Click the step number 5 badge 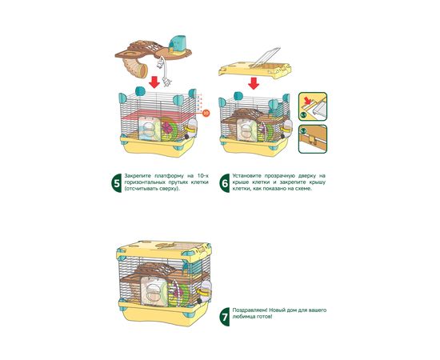point(117,182)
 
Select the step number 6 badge point(225,182)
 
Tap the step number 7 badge point(225,317)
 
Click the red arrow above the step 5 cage point(154,82)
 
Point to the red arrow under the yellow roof point(254,83)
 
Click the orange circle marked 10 point(206,113)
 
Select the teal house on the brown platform point(178,45)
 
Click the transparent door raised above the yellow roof point(265,58)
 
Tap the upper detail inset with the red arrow point(313,106)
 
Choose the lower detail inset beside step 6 point(313,139)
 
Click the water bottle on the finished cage point(205,292)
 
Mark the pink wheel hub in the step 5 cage point(168,128)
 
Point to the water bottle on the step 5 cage point(191,129)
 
